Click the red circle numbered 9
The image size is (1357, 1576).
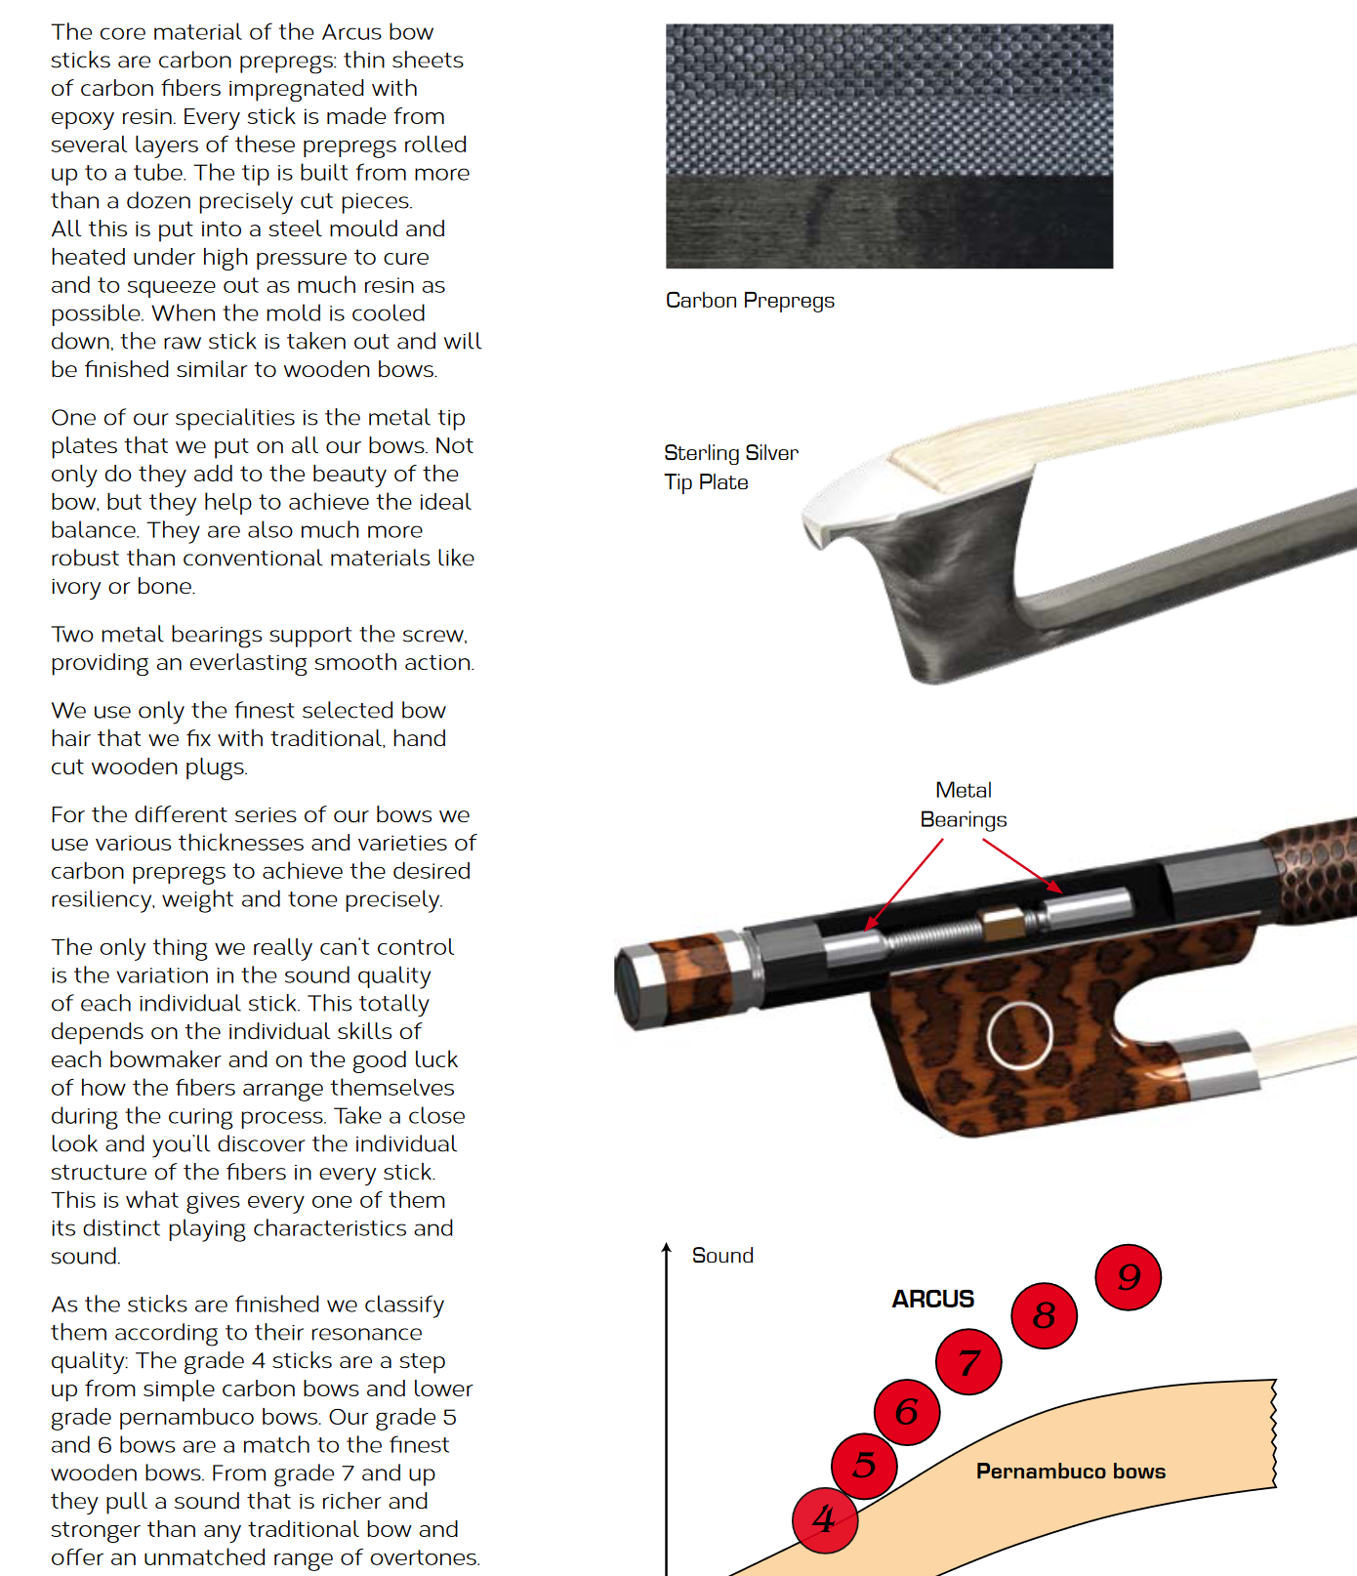coord(1129,1277)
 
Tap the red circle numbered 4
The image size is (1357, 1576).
coord(825,1519)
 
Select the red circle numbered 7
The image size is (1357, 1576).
coord(968,1361)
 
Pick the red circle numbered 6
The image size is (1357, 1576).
coord(907,1411)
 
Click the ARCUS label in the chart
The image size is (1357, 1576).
coord(932,1299)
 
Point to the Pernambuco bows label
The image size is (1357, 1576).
coord(1071,1471)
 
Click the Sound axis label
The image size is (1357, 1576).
coord(722,1255)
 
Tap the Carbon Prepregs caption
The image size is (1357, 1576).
coord(750,301)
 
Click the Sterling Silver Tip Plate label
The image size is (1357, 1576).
coord(731,467)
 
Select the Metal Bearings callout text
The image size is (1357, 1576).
coord(964,805)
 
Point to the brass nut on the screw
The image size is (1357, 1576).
coord(1002,922)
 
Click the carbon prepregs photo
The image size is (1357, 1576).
coord(889,146)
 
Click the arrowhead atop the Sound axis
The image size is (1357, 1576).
coord(667,1247)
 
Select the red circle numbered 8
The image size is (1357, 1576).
coord(1044,1315)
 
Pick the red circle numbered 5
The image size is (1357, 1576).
coord(864,1465)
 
